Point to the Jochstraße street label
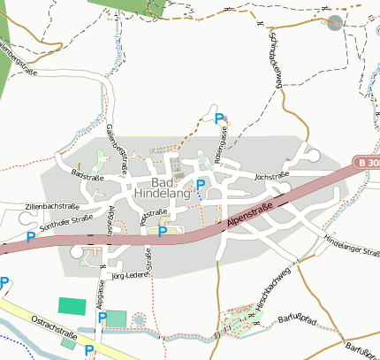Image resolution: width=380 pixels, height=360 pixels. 272,177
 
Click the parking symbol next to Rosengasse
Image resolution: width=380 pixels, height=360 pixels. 219,117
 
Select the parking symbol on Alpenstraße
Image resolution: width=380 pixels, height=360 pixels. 162,232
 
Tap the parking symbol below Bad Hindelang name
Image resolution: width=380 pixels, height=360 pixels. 200,185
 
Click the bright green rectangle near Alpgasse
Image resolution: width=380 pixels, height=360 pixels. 72,304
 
